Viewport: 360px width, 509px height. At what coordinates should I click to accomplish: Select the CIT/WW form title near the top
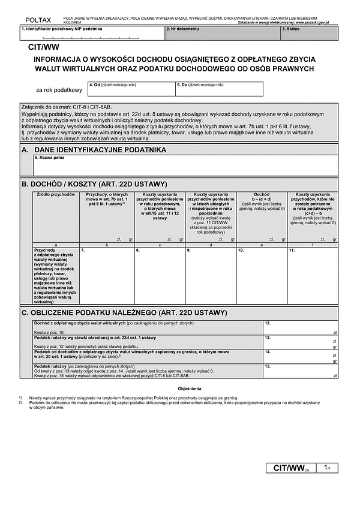pos(44,47)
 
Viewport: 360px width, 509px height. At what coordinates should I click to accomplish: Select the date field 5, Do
pos(218,90)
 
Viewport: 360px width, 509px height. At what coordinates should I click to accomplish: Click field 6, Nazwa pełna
pos(185,165)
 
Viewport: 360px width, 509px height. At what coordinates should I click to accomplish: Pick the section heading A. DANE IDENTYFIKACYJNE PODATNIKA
pos(93,149)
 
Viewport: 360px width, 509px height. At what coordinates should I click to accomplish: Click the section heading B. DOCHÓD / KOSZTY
pos(94,184)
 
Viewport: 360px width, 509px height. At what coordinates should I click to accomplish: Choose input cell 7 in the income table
pos(107,276)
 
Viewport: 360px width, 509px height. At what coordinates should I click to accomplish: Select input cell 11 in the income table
pos(312,276)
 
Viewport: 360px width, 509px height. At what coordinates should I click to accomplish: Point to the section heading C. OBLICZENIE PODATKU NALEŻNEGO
pos(124,312)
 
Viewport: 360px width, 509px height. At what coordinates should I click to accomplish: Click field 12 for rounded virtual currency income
pos(300,327)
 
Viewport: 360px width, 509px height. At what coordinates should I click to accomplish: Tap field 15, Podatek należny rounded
pos(300,372)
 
